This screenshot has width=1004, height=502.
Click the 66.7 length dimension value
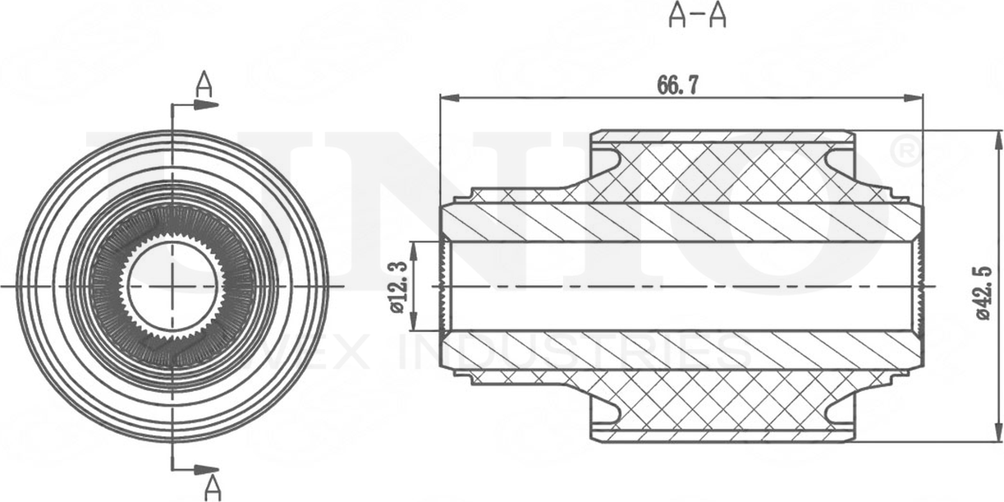[x=677, y=85]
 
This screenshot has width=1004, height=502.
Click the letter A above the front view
[x=204, y=84]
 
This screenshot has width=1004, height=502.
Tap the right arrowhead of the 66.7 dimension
[x=915, y=98]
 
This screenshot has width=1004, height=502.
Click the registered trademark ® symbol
[x=903, y=151]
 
